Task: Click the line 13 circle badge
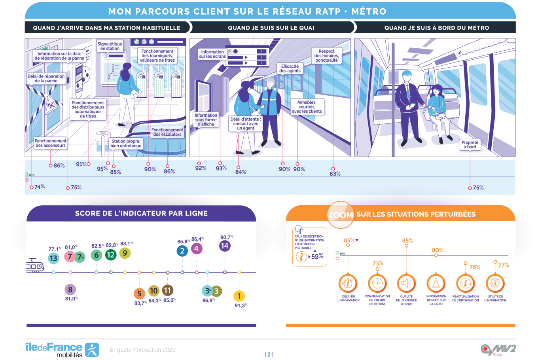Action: tap(53, 258)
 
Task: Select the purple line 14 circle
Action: tap(225, 246)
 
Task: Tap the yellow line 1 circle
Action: tap(239, 296)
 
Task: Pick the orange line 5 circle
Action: tap(139, 294)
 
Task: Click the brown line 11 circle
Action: tap(167, 290)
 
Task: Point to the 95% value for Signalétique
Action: tap(102, 169)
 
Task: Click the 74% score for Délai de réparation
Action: tap(40, 187)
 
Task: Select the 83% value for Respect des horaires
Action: tap(335, 174)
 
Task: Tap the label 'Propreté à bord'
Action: tap(470, 145)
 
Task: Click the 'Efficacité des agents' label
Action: tap(290, 68)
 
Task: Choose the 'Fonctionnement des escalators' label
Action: tap(167, 132)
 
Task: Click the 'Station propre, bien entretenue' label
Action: tap(126, 143)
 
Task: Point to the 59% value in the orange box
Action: tap(317, 256)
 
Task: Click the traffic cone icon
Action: tap(436, 283)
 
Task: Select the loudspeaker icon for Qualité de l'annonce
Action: tap(406, 283)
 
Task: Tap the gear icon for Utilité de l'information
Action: tap(495, 283)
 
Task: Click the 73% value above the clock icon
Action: tap(378, 263)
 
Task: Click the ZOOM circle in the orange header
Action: tap(341, 215)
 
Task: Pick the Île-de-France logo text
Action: tap(54, 347)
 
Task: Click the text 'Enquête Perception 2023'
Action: tap(143, 350)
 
